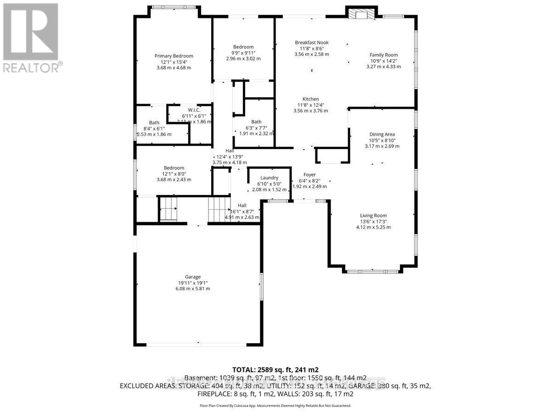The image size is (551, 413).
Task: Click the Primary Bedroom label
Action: pos(174,56)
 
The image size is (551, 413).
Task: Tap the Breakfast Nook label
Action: pos(311,43)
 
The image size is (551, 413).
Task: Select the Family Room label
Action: pos(383,55)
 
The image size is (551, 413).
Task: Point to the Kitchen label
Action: pos(310,99)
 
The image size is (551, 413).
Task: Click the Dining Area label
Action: pos(382,134)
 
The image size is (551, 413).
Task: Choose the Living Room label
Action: pos(373,216)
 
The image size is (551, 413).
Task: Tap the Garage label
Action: pos(193,277)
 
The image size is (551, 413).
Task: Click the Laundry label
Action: pos(269,178)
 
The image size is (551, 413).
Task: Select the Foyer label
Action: pos(309,175)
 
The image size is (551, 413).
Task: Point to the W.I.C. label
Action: pos(194,110)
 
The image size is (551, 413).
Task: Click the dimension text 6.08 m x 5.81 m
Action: pos(193,289)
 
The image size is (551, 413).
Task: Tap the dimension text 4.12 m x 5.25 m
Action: pos(373,227)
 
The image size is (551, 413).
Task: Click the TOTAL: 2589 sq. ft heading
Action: pos(275,369)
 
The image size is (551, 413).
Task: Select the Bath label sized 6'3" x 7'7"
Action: pos(256,122)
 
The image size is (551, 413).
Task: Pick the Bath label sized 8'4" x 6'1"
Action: pos(154,123)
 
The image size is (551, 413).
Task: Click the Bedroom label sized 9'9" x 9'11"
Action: pos(243,47)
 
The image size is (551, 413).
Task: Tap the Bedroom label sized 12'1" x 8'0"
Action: pos(174,168)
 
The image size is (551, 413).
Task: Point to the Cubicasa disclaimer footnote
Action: pos(275,406)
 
